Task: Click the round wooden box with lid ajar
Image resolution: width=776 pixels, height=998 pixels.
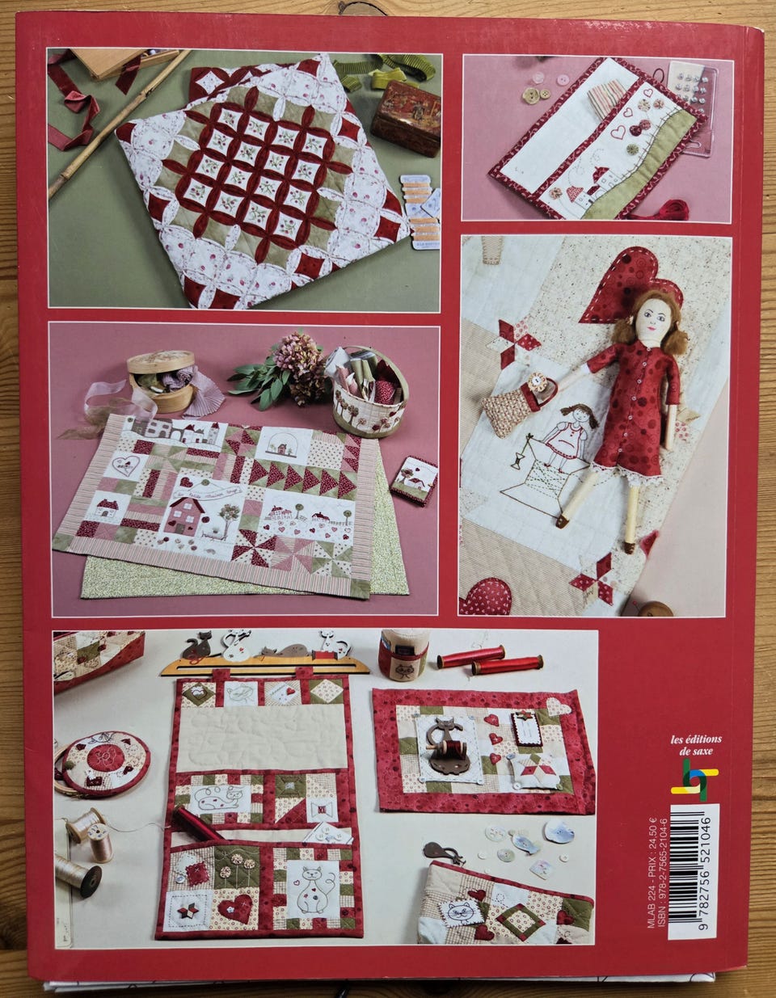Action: pos(162,380)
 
